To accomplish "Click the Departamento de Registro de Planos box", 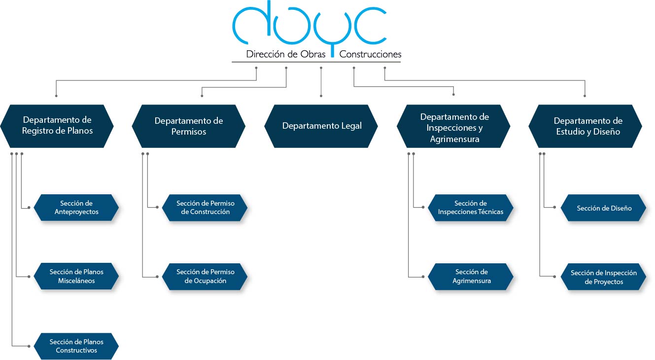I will [57, 126].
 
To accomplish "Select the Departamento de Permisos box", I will [189, 126].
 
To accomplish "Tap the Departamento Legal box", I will [321, 126].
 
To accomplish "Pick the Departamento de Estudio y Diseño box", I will [586, 126].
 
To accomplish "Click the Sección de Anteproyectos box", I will [76, 208].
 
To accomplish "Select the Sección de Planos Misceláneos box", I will [76, 276].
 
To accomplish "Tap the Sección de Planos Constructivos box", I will [76, 346].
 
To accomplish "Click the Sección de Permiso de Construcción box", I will [205, 208].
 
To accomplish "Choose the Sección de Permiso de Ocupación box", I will [205, 276].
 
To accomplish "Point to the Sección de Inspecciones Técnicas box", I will [471, 208].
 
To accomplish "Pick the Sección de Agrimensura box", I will [471, 276].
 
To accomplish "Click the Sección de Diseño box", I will [604, 208].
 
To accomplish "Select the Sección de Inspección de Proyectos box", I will [604, 277].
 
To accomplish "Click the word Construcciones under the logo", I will [370, 54].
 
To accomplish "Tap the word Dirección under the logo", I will [265, 54].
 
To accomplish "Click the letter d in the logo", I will [251, 25].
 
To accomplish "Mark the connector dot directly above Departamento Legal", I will [321, 96].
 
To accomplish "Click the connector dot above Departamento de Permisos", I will [202, 96].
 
